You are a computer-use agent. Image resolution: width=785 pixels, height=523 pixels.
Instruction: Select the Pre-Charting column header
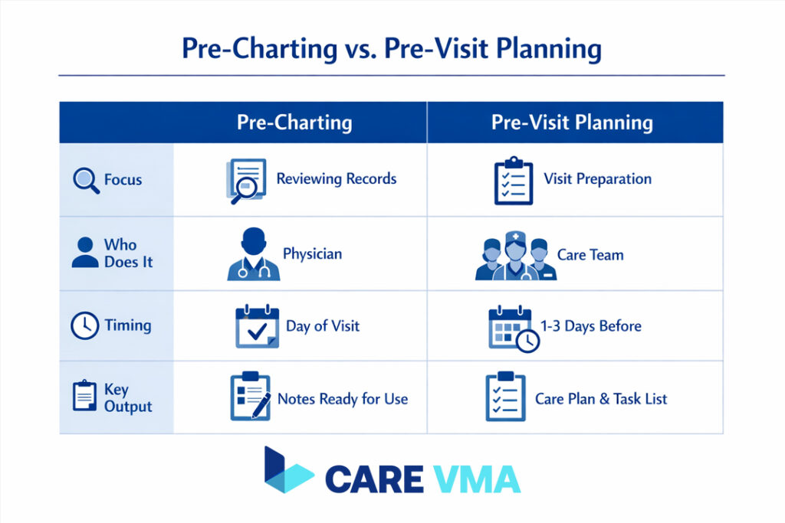point(294,123)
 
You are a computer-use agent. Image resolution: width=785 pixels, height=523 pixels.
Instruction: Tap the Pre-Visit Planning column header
point(572,123)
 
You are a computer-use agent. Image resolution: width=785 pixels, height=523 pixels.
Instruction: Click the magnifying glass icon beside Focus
point(85,180)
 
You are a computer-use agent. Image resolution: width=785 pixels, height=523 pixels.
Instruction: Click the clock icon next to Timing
point(84,326)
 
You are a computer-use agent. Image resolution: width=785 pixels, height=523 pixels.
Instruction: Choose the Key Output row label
point(128,397)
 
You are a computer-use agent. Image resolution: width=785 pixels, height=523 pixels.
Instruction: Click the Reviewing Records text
point(337,179)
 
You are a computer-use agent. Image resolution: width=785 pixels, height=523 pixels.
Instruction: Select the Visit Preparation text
point(597,179)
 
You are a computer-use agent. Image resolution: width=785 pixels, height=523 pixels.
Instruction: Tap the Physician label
point(312,253)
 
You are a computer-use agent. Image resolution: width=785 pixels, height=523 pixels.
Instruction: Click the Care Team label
point(590,254)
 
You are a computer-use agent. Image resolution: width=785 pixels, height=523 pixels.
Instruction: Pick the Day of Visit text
point(322,326)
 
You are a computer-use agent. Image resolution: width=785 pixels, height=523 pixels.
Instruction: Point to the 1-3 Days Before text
point(590,326)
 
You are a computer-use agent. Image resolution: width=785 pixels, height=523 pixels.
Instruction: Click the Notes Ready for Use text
point(342,399)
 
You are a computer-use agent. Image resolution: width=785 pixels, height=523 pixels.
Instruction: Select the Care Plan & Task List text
point(601,399)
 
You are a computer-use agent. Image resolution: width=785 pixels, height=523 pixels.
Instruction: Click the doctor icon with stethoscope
point(253,254)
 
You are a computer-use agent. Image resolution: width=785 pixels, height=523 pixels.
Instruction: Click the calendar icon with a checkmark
point(256,327)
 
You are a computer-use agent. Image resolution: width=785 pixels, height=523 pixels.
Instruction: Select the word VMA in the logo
point(475,479)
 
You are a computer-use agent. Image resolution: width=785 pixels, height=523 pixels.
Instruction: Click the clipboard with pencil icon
point(249,397)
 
